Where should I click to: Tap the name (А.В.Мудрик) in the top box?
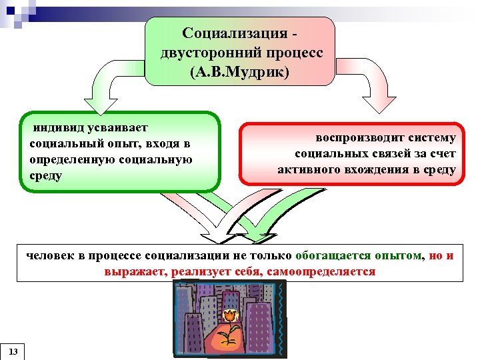point(241,71)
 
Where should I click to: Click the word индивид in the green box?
point(54,127)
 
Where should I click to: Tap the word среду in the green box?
point(45,176)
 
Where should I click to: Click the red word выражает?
point(135,272)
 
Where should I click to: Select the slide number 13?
point(13,351)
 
